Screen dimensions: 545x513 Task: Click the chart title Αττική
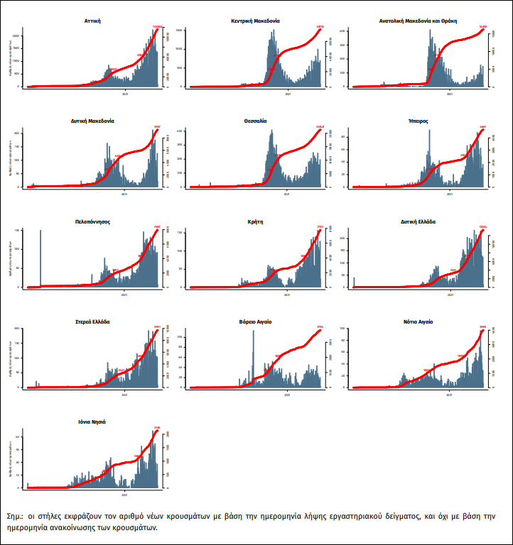(x=92, y=21)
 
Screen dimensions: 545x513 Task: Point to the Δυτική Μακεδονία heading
(x=92, y=121)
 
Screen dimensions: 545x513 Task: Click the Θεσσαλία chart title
(x=256, y=121)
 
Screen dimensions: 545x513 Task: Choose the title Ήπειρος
(x=418, y=121)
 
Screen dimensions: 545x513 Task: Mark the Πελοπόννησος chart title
(x=92, y=221)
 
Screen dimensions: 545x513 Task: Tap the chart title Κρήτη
(x=256, y=221)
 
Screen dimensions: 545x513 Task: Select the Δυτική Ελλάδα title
(x=418, y=221)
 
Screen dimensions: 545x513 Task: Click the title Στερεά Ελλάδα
(x=92, y=322)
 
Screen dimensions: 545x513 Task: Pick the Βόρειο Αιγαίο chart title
(x=256, y=322)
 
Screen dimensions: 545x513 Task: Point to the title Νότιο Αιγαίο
(x=418, y=322)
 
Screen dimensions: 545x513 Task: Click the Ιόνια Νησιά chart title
(x=92, y=422)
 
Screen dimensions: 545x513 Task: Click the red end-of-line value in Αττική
(x=158, y=27)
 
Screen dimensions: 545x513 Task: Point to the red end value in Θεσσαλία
(x=320, y=127)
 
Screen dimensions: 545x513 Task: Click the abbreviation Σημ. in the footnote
(x=13, y=516)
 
